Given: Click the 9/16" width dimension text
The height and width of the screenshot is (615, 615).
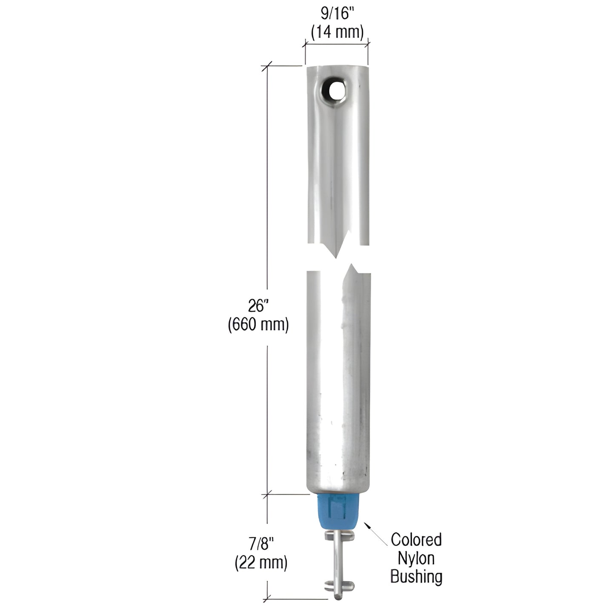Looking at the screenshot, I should click(x=337, y=14).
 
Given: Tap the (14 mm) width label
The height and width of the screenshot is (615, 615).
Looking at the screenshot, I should click(x=337, y=32).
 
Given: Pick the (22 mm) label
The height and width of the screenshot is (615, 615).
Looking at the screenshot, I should click(x=261, y=563).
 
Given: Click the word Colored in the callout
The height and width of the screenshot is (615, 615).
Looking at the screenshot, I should click(x=416, y=540).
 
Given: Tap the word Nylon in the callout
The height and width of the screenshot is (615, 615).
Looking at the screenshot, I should click(x=416, y=558).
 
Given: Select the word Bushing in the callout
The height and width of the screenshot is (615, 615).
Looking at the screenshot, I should click(x=416, y=577).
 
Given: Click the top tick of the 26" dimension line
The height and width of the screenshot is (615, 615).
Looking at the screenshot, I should click(x=267, y=66).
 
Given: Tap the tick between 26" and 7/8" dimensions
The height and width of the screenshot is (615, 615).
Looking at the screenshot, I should click(x=267, y=495).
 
